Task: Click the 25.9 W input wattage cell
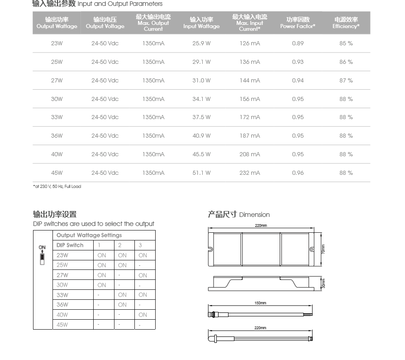coord(201,43)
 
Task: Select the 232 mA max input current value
coord(250,173)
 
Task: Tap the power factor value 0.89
coord(298,43)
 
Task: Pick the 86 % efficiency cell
coord(346,62)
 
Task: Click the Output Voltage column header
coord(105,23)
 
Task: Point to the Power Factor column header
coord(298,23)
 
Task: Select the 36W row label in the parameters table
coord(57,136)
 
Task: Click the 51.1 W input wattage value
coord(201,173)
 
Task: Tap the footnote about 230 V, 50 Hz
coord(57,187)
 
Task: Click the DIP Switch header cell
coord(70,245)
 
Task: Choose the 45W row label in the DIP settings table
coord(62,325)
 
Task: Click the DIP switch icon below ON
coord(43,259)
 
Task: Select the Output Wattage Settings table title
coord(89,235)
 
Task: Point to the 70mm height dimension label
coord(323,249)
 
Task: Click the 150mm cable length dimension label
coord(260,303)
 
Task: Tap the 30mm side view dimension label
coord(323,284)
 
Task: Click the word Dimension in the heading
coord(254,215)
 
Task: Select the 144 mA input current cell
coord(250,81)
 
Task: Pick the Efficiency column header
coord(346,23)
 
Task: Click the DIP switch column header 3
coord(140,245)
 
